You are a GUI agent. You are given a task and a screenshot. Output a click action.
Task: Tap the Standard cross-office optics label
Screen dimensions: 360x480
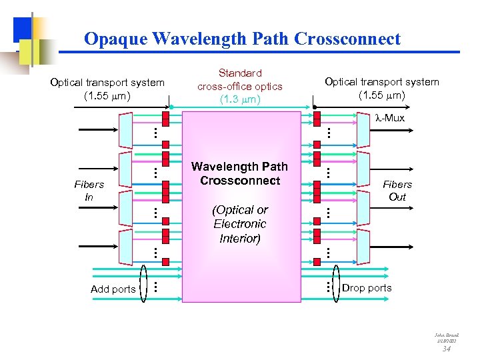pyautogui.click(x=239, y=79)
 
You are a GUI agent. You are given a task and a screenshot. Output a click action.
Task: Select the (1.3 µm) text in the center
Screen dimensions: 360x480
pyautogui.click(x=239, y=100)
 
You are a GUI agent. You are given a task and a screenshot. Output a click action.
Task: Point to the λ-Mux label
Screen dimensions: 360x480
pyautogui.click(x=389, y=118)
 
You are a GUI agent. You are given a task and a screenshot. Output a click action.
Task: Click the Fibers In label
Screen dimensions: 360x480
pyautogui.click(x=89, y=191)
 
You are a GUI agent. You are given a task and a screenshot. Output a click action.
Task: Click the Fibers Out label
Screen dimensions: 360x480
pyautogui.click(x=397, y=191)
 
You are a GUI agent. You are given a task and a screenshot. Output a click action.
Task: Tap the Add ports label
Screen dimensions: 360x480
pyautogui.click(x=113, y=289)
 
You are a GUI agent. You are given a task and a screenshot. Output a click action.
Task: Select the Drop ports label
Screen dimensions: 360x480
pyautogui.click(x=367, y=288)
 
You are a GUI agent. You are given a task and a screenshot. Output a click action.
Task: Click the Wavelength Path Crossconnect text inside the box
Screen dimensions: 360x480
pyautogui.click(x=239, y=173)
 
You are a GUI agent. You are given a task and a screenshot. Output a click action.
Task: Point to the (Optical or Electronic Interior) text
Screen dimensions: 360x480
pyautogui.click(x=239, y=224)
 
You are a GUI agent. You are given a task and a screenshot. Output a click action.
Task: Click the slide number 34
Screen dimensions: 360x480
pyautogui.click(x=447, y=347)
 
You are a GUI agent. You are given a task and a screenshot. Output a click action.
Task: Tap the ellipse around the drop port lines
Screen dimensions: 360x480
pyautogui.click(x=335, y=279)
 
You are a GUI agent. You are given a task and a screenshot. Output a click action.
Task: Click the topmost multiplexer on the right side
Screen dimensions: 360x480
pyautogui.click(x=363, y=129)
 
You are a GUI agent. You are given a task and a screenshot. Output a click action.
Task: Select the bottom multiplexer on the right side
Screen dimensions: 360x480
pyautogui.click(x=363, y=247)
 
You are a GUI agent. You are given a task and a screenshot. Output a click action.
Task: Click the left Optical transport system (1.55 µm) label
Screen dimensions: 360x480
pyautogui.click(x=107, y=89)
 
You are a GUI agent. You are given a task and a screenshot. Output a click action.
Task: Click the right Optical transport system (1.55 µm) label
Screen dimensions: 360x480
pyautogui.click(x=381, y=88)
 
